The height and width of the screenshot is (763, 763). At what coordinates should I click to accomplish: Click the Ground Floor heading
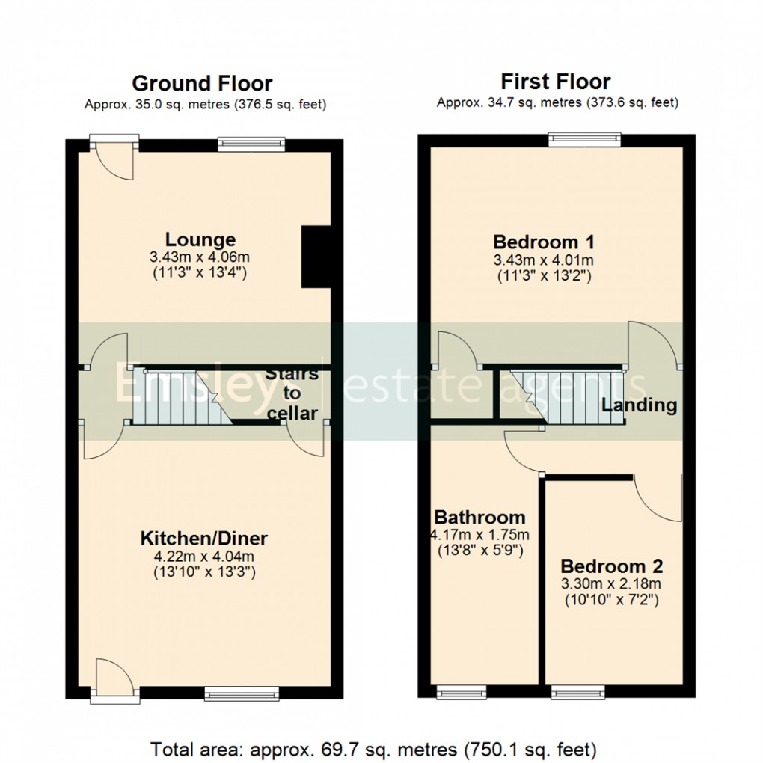click(x=202, y=83)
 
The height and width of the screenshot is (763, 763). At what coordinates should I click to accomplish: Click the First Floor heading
click(x=555, y=81)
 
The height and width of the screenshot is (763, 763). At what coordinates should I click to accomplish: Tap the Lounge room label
click(x=200, y=240)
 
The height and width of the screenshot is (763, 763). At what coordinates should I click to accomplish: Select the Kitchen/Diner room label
click(x=203, y=538)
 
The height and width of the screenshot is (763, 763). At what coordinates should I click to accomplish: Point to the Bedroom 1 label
click(x=544, y=242)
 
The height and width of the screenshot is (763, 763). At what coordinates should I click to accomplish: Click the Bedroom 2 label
click(x=611, y=566)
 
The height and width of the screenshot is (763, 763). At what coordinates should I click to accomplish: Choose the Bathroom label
click(x=479, y=517)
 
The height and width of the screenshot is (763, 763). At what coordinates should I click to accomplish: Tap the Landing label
click(x=639, y=405)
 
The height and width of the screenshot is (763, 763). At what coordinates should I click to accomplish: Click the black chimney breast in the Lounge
click(x=315, y=257)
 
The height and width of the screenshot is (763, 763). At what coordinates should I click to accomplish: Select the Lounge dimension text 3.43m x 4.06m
click(x=200, y=257)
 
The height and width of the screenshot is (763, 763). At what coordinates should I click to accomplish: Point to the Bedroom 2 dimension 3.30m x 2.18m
click(x=611, y=583)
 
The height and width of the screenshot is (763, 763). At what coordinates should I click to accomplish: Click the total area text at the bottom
click(x=373, y=748)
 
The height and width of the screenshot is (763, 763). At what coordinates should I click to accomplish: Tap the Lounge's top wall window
click(x=251, y=142)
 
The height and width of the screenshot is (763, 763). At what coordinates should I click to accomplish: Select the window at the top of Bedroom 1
click(x=584, y=138)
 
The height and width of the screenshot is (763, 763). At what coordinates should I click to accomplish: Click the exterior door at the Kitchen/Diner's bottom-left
click(x=114, y=679)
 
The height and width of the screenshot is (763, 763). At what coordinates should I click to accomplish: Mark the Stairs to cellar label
click(x=292, y=393)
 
